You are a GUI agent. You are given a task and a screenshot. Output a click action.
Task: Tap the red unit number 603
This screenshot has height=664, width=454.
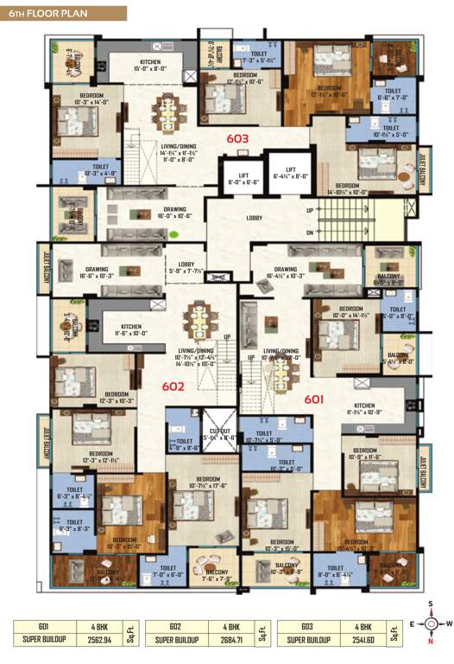click(x=237, y=138)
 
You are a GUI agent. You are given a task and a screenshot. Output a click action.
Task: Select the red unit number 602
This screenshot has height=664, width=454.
click(x=173, y=386)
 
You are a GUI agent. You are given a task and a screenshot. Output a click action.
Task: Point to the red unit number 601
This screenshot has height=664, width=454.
click(x=313, y=399)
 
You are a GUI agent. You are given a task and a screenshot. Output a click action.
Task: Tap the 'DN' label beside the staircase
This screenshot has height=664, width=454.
click(x=310, y=233)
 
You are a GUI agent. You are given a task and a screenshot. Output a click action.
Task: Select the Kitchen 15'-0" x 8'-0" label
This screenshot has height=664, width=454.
click(x=152, y=64)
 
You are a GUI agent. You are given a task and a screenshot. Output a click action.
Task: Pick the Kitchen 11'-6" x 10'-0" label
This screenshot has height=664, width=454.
click(x=125, y=329)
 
